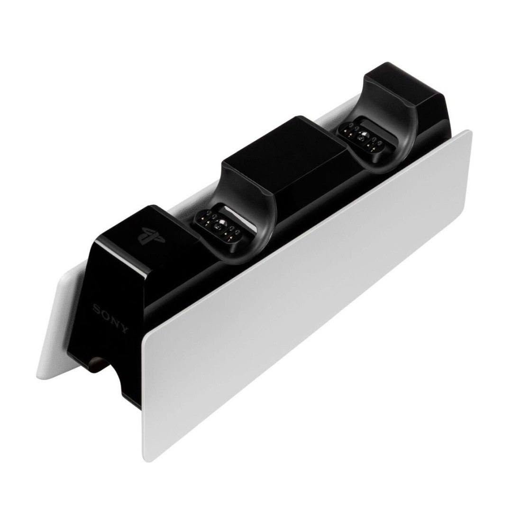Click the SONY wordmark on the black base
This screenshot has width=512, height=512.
tap(110, 319)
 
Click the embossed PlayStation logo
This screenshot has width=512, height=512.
tap(151, 236)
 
